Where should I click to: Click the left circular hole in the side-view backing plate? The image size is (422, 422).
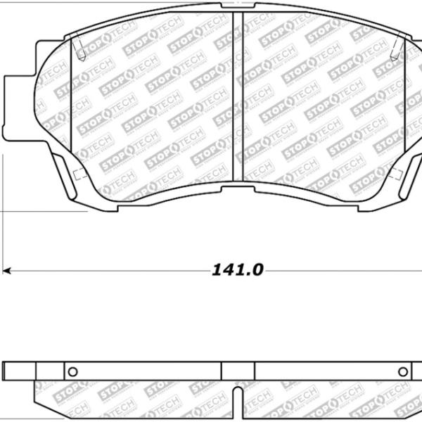click(71, 371)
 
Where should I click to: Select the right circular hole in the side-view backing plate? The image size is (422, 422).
click(403, 371)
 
